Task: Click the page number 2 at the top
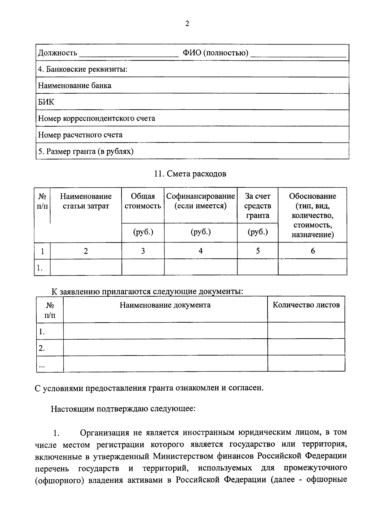[x=187, y=24]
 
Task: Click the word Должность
[x=57, y=53]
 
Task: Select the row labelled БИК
[x=46, y=102]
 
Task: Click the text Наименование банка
[x=75, y=86]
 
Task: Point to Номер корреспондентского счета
[x=97, y=118]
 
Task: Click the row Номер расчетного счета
[x=80, y=135]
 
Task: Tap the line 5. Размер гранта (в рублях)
[x=86, y=152]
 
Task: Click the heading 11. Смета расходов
[x=190, y=174]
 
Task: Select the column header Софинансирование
[x=201, y=196]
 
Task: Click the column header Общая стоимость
[x=143, y=201]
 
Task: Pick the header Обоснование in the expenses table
[x=312, y=196]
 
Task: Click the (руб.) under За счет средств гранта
[x=258, y=232]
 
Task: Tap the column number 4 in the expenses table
[x=201, y=251]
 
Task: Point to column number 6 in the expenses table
[x=312, y=251]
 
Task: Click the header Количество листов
[x=306, y=305]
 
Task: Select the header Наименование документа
[x=165, y=305]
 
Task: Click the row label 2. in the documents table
[x=42, y=348]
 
